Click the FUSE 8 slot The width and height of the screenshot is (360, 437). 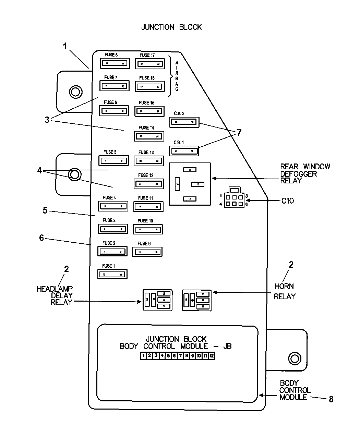tap(115, 63)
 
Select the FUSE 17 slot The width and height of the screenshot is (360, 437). tap(149, 63)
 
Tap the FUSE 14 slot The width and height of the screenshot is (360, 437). tap(149, 136)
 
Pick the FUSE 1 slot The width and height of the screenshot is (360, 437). tap(112, 274)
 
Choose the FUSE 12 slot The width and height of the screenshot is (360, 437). tap(148, 184)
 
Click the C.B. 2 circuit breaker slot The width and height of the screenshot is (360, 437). tap(184, 122)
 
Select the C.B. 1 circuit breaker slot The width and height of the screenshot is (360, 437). tap(184, 150)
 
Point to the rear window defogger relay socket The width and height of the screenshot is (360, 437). tap(190, 184)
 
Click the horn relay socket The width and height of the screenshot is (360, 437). tap(196, 300)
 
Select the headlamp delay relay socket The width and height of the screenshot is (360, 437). tap(157, 300)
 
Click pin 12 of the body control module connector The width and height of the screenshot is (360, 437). tap(212, 356)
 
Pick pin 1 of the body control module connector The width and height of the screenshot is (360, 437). tap(144, 356)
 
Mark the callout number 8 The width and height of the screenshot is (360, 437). tap(331, 399)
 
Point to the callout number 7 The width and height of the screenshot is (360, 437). tap(239, 133)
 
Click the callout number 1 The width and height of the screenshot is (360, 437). tap(65, 46)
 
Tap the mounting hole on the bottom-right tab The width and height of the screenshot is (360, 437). tap(294, 359)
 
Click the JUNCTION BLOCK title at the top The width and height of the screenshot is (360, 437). tap(171, 27)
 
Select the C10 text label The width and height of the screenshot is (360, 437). tap(288, 201)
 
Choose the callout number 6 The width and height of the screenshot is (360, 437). tap(41, 238)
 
